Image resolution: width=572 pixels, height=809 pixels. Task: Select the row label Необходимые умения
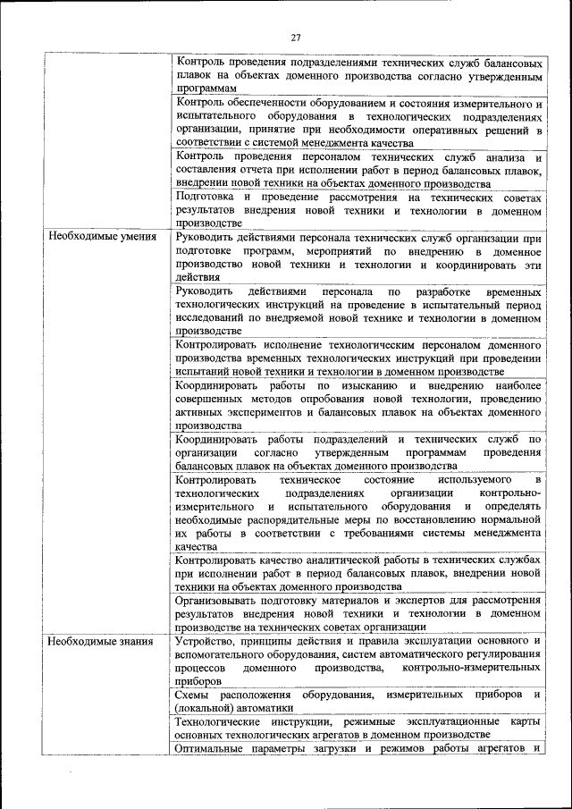tap(102, 237)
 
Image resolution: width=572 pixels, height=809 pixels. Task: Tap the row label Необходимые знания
tap(100, 640)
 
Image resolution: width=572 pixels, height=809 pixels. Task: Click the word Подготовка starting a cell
tap(207, 197)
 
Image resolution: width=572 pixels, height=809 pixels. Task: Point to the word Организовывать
tap(220, 600)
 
